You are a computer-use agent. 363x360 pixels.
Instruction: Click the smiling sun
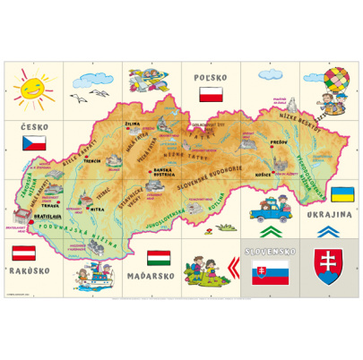pyautogui.click(x=30, y=88)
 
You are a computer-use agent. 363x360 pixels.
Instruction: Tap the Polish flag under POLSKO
pyautogui.click(x=210, y=95)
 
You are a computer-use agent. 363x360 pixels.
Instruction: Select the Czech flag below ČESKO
pyautogui.click(x=34, y=141)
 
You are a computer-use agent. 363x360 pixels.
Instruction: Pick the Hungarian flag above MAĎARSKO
pyautogui.click(x=159, y=259)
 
